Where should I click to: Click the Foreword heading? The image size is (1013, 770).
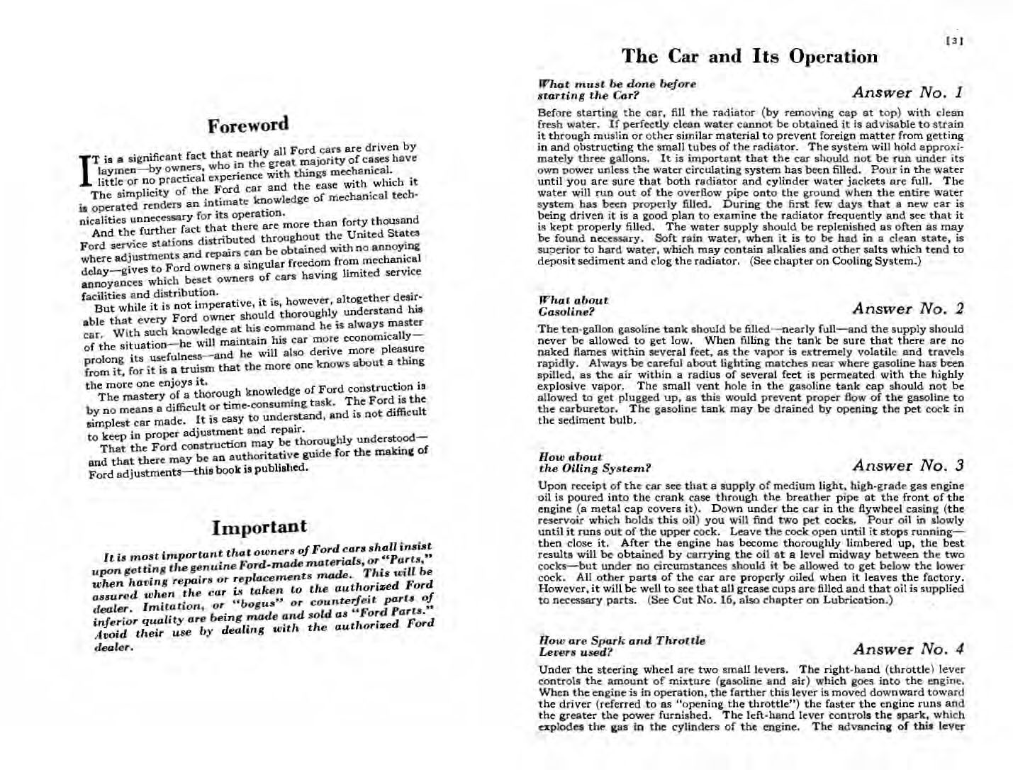click(248, 125)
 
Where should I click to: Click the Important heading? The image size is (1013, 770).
click(259, 527)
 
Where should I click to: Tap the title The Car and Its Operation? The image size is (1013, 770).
click(749, 57)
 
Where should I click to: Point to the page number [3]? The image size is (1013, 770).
click(955, 41)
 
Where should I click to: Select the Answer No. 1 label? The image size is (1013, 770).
click(907, 92)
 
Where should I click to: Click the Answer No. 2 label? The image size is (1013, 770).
click(907, 308)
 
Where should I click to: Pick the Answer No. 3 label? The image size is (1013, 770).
click(907, 466)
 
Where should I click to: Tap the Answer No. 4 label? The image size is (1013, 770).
click(907, 649)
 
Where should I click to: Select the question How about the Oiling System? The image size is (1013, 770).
click(594, 463)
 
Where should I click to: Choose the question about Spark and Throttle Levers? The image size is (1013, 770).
click(622, 646)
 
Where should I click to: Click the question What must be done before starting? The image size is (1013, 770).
click(617, 89)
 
